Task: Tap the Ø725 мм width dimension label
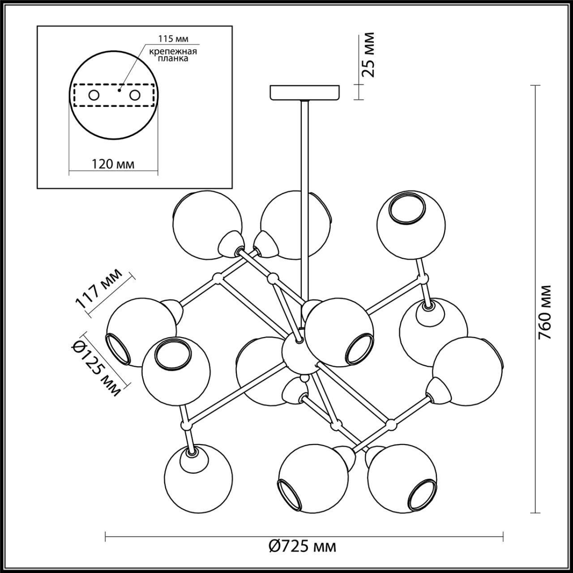303,546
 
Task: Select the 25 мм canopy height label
368,55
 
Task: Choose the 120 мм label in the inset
113,164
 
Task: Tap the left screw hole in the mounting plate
94,95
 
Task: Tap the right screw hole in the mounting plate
134,95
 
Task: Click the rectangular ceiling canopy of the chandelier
305,93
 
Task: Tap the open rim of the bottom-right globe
421,495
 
